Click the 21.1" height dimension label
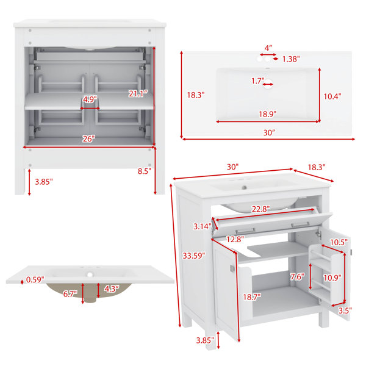click(x=138, y=94)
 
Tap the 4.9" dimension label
click(x=90, y=99)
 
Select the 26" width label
click(x=88, y=139)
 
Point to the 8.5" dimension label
click(x=145, y=171)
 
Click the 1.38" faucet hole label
click(x=291, y=59)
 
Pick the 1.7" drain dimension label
click(x=257, y=81)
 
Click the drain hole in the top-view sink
click(x=268, y=84)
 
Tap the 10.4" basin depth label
click(x=332, y=96)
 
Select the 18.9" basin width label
click(x=268, y=114)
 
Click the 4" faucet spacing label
click(x=268, y=48)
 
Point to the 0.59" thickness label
click(x=35, y=279)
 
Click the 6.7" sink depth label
click(x=70, y=294)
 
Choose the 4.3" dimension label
click(x=112, y=289)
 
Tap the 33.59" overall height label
click(x=194, y=256)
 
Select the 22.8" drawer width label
click(x=260, y=209)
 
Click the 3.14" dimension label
click(x=203, y=226)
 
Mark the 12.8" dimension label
click(x=235, y=239)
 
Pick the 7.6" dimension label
click(x=297, y=277)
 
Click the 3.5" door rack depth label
click(x=345, y=310)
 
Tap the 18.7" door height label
click(x=252, y=297)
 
